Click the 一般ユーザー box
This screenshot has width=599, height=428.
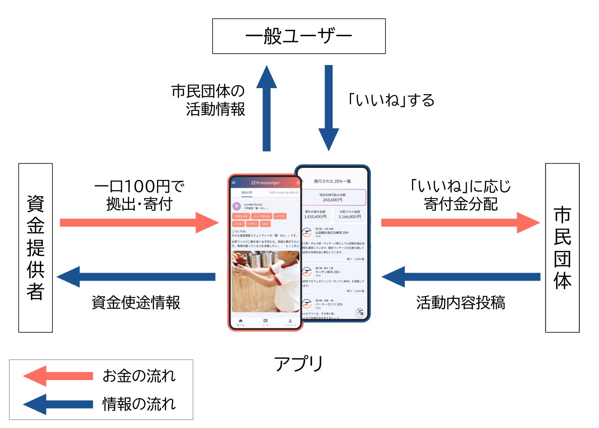[299, 36]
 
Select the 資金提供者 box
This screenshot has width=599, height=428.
[36, 248]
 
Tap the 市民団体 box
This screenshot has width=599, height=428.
[562, 248]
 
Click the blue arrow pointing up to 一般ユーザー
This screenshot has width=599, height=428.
[266, 109]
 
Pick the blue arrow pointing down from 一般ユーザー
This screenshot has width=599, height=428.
[328, 107]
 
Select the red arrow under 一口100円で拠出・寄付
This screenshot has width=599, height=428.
[138, 223]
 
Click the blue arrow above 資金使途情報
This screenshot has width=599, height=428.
[136, 277]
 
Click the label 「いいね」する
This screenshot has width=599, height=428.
[391, 100]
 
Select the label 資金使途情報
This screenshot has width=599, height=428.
[136, 303]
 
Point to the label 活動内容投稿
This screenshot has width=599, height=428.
[461, 303]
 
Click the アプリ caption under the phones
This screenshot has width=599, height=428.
[299, 363]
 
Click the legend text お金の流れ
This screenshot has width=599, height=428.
[139, 376]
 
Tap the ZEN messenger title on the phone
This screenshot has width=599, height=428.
[265, 183]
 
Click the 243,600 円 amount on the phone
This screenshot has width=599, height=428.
[332, 200]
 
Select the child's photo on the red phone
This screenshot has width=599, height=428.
[265, 281]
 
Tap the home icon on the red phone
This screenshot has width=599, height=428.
[240, 322]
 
